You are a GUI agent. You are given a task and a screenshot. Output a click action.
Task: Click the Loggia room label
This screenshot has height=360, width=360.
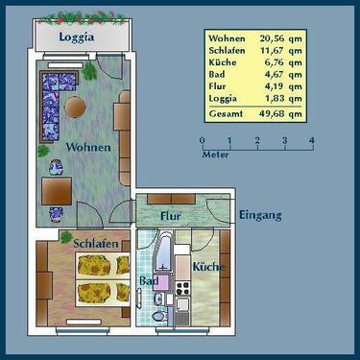coord(76,39)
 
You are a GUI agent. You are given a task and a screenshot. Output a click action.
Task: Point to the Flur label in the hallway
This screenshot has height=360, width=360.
coord(171,216)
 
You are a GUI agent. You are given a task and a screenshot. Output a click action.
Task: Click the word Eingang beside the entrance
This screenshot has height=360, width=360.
coord(260,215)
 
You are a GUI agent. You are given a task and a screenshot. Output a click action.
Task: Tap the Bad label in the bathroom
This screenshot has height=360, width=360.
coord(148,280)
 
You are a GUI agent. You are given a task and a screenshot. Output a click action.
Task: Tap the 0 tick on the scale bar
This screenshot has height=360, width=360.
coord(203,140)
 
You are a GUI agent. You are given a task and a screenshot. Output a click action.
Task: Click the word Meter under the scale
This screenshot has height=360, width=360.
coord(216,154)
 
